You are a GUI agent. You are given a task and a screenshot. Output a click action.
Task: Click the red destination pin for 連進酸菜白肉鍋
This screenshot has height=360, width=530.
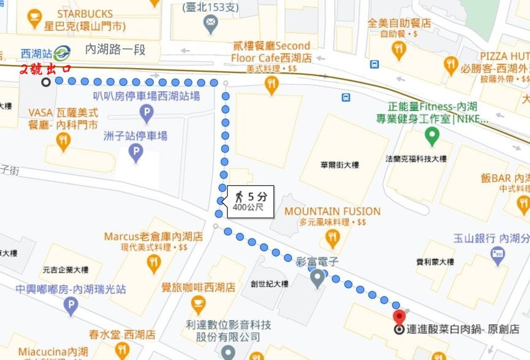click(400, 315)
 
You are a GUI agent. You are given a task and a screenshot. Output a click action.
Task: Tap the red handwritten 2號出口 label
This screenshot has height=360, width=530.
click(46, 69)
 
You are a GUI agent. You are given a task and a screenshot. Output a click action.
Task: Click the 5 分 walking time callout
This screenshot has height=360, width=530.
click(250, 201)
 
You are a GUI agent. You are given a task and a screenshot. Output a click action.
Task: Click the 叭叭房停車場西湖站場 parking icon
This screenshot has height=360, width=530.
click(146, 114)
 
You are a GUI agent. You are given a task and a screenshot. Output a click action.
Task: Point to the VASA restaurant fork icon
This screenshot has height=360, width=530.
click(62, 142)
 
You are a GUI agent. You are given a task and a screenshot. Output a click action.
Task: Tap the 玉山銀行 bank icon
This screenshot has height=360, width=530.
click(497, 253)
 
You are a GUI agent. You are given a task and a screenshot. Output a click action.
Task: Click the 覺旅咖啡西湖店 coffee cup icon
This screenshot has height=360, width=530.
click(198, 306)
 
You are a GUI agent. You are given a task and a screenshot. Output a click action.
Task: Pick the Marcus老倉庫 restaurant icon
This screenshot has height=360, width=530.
click(153, 263)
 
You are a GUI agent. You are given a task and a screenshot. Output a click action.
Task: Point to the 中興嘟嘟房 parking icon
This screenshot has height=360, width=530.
click(70, 306)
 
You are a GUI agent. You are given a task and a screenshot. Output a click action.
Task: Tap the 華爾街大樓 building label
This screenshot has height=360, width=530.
click(340, 165)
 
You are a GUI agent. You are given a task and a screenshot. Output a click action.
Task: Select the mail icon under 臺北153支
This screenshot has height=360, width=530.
click(211, 25)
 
